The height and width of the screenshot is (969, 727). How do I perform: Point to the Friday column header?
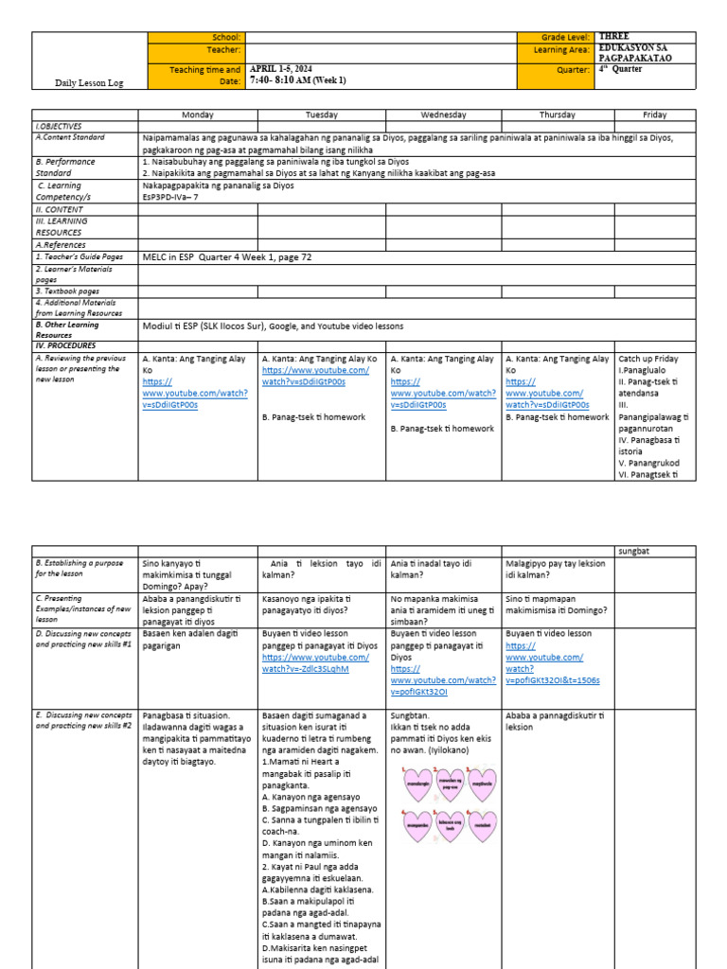pos(654,115)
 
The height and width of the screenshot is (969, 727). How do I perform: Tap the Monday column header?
pos(197,115)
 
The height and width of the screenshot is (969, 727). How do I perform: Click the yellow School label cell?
pos(196,37)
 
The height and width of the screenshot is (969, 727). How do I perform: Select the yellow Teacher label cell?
pos(196,50)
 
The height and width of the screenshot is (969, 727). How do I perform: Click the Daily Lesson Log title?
pos(89,83)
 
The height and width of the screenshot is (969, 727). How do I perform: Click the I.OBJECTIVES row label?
pos(59,126)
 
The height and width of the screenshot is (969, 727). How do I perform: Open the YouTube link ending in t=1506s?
pos(553,679)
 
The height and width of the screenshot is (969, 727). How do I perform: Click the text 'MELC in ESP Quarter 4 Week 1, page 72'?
pos(227,256)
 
